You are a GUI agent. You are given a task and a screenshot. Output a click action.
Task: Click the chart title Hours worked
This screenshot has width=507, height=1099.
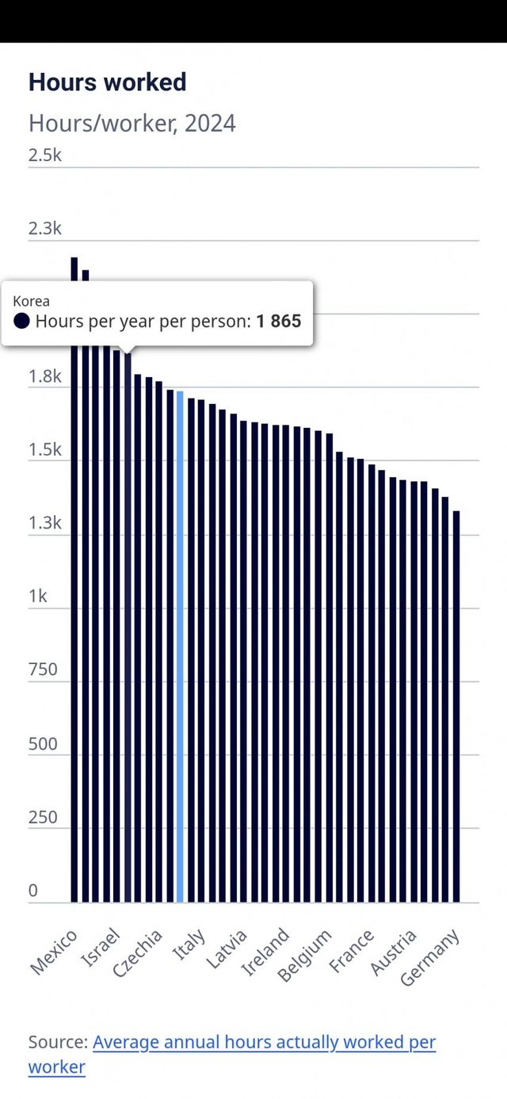[x=108, y=82]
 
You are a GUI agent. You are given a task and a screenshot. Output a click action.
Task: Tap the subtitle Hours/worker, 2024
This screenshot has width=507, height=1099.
[x=132, y=124]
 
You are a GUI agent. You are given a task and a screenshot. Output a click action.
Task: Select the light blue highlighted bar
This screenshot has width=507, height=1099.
[x=180, y=646]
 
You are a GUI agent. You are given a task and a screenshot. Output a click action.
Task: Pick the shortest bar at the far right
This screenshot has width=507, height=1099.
[x=456, y=705]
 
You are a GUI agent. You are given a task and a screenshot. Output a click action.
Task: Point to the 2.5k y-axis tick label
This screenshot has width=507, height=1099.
[x=45, y=155]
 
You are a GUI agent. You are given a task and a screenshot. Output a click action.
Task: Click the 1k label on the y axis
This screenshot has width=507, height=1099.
[x=38, y=596]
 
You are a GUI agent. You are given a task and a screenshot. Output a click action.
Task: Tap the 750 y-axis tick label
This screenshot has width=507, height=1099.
[x=43, y=670]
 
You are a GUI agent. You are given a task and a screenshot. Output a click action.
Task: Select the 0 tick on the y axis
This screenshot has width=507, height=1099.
[x=33, y=891]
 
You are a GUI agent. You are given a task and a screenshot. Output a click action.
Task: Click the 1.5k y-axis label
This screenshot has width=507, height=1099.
[x=45, y=450]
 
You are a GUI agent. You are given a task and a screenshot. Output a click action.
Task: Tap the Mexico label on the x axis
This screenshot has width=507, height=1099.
[x=55, y=951]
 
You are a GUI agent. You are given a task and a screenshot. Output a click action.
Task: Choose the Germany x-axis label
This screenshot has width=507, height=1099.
[x=430, y=958]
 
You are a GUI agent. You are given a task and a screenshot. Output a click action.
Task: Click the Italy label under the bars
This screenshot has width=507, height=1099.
[x=189, y=944]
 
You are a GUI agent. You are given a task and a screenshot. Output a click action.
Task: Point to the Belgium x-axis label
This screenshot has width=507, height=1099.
[x=305, y=956]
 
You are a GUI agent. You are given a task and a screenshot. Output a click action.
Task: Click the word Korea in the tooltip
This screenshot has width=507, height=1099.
[x=31, y=301]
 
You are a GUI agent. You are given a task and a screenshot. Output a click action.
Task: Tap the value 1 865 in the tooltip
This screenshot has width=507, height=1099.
[x=278, y=322]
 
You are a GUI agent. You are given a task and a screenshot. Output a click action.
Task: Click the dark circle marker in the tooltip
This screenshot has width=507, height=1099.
[x=22, y=322]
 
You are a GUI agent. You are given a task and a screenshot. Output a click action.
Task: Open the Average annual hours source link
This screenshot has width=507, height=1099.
[x=264, y=1042]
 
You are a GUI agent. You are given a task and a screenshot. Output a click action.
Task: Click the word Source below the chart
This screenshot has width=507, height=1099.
[x=56, y=1042]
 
